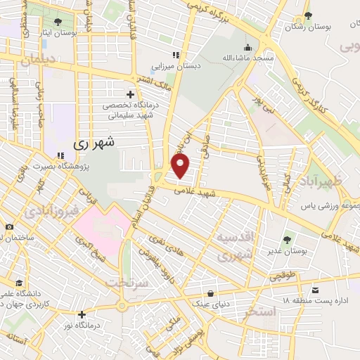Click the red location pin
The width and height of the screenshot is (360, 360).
181,167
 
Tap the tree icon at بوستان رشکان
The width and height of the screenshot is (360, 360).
307,15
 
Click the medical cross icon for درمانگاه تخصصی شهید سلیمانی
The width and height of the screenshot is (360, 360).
129,94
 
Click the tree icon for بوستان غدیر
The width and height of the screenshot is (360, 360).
285,240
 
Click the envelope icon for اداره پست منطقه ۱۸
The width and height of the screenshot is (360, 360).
317,290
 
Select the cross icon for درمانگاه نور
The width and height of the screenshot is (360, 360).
82,314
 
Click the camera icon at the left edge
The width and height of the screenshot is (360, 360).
9,226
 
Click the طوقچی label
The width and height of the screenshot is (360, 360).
281,276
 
